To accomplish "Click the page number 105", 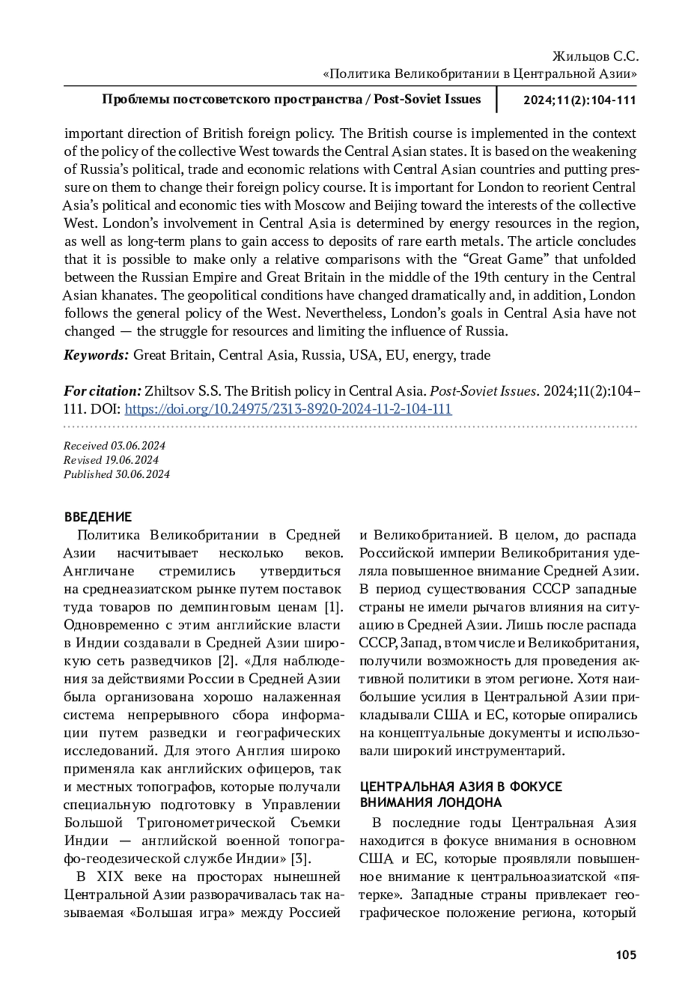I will (x=625, y=955).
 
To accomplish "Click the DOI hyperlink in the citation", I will (x=288, y=409).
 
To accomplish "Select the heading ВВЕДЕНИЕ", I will (x=98, y=517).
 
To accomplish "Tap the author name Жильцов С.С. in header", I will (x=595, y=57).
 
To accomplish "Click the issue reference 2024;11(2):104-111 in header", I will (x=579, y=100).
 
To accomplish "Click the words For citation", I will (x=102, y=391).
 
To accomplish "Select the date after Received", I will (x=138, y=446).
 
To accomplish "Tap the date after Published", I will (x=142, y=474).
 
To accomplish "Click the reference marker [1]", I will (x=332, y=607).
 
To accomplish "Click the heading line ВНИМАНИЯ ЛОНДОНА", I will (x=430, y=802).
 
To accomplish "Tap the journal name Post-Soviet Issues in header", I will (x=427, y=99).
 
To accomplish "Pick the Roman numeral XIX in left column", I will (x=110, y=877).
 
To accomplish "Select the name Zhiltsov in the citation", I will (x=168, y=391).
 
